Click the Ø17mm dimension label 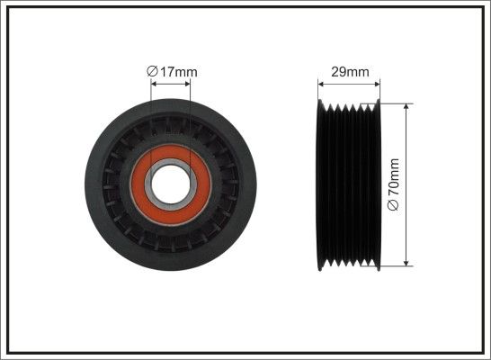(172, 72)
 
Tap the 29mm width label (350, 72)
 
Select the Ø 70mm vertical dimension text (393, 184)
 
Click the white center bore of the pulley (171, 184)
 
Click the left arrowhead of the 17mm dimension (154, 84)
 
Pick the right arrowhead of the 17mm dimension (187, 84)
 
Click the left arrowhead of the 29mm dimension (321, 84)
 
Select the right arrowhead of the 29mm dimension (377, 84)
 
